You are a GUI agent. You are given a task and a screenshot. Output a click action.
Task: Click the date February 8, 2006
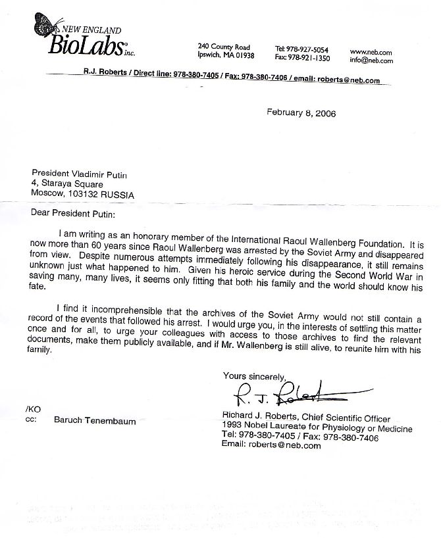(301, 112)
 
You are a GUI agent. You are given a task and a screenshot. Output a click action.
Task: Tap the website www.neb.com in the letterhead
(371, 51)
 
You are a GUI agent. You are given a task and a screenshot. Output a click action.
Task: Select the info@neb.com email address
(371, 61)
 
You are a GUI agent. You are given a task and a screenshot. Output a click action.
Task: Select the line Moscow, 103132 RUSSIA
(83, 195)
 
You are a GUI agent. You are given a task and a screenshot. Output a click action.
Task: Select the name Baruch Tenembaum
(95, 421)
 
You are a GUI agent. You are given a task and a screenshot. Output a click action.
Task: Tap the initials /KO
(31, 409)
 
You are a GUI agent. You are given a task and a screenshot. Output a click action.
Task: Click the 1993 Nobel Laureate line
(317, 429)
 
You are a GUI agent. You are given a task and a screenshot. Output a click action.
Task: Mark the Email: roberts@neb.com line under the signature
(271, 445)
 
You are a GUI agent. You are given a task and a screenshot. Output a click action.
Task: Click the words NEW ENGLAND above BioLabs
(91, 30)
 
